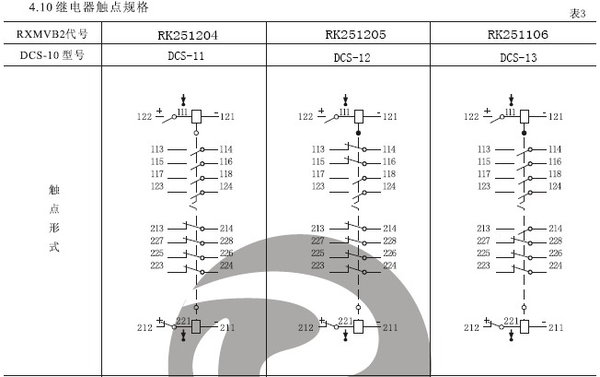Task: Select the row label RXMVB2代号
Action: [53, 35]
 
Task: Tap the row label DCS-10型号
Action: [53, 55]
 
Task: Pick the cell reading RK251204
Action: [187, 35]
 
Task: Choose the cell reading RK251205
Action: [354, 34]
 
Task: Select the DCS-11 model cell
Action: [187, 56]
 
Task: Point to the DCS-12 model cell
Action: [353, 57]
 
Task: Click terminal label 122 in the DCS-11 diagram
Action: [144, 117]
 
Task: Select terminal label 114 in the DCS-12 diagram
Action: [389, 149]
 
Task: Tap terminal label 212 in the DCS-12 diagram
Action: [306, 327]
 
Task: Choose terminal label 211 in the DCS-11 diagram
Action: [225, 327]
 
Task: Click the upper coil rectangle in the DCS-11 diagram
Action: [195, 116]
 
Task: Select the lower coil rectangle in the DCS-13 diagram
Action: [525, 326]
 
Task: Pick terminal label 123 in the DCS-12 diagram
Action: [318, 186]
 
